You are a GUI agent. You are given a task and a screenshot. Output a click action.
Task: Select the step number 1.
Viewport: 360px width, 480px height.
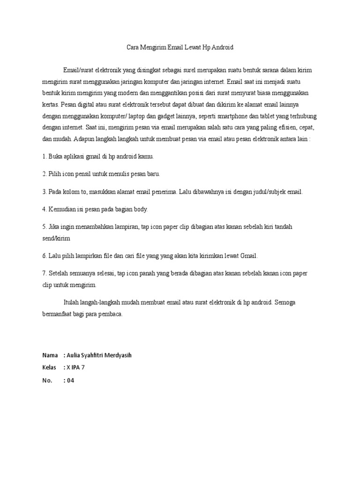(44, 156)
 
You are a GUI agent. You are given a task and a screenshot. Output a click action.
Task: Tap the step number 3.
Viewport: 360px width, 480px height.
(44, 192)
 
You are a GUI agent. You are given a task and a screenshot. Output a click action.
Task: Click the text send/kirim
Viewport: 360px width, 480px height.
(56, 238)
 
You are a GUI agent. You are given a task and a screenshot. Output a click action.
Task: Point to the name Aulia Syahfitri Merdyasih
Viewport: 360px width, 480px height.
(99, 355)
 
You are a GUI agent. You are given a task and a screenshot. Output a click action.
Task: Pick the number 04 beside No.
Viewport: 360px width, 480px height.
(71, 381)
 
